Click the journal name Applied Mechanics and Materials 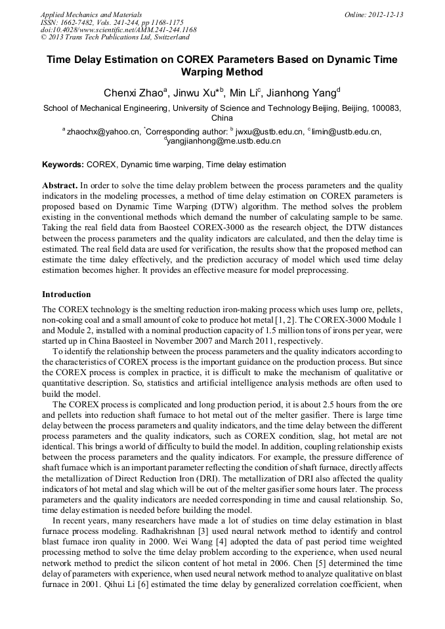pos(91,14)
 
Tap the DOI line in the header pos(118,30)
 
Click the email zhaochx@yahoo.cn pos(103,132)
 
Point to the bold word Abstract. pos(60,186)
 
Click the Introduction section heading pos(66,294)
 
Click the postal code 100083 pos(386,108)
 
